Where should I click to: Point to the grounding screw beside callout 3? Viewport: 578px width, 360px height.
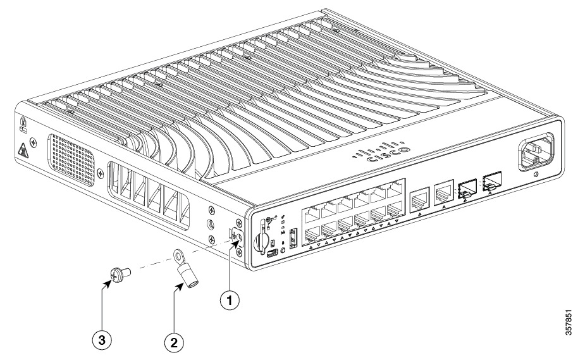pyautogui.click(x=118, y=274)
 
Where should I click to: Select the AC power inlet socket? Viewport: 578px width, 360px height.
pyautogui.click(x=535, y=152)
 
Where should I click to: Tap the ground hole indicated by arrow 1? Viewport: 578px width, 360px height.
pyautogui.click(x=237, y=238)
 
